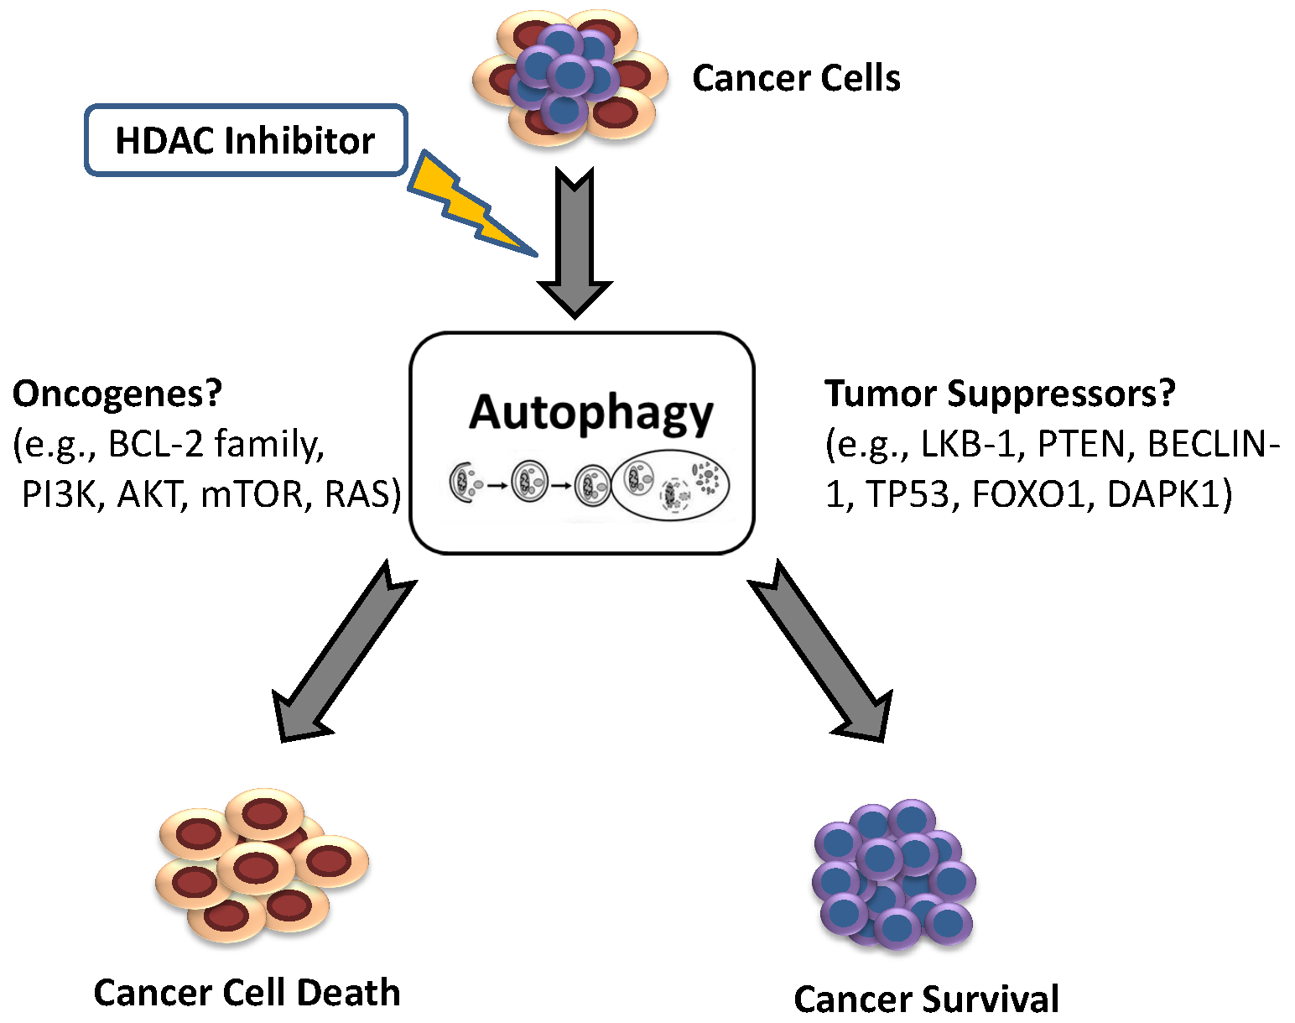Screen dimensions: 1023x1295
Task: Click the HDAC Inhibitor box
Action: [246, 140]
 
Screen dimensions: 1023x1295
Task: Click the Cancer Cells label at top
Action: [795, 78]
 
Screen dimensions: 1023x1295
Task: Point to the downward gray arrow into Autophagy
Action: [575, 243]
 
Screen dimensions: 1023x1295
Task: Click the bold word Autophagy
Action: [590, 413]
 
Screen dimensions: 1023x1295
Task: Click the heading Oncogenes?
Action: [117, 394]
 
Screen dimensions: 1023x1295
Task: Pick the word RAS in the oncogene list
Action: [362, 494]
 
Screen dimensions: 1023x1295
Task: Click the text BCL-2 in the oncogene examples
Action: [156, 444]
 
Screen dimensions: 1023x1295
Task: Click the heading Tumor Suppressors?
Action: [1000, 394]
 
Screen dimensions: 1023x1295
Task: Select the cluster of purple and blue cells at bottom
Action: [894, 873]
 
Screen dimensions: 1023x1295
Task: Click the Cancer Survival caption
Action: [926, 999]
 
